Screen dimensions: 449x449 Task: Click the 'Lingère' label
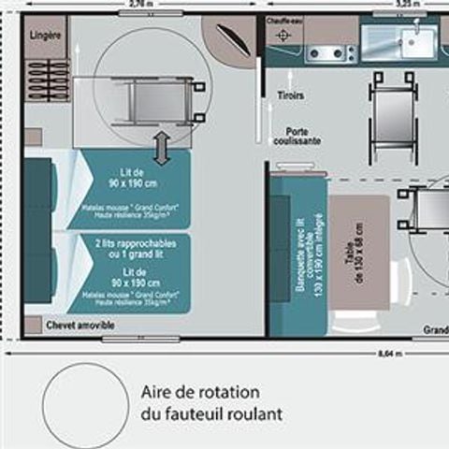coord(47,36)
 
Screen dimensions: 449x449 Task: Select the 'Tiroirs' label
coord(290,95)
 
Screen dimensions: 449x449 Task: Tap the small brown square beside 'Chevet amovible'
coord(33,325)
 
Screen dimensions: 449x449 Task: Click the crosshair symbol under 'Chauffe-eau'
coord(284,35)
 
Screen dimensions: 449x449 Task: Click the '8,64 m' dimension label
coord(390,354)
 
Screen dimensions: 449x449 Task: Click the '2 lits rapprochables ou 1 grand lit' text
coord(131,248)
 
